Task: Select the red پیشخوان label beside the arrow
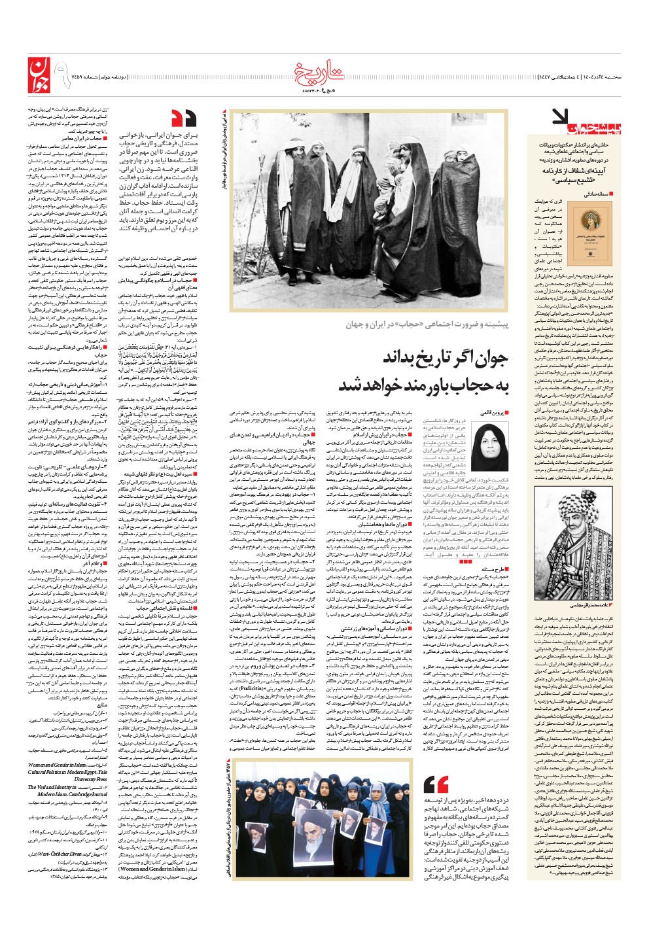595,120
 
